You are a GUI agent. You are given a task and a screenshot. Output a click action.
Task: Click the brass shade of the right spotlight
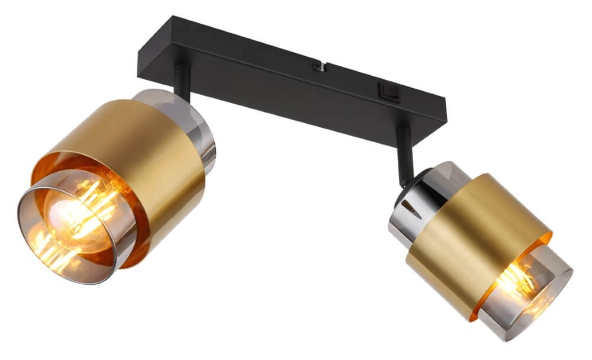click(x=474, y=225)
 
